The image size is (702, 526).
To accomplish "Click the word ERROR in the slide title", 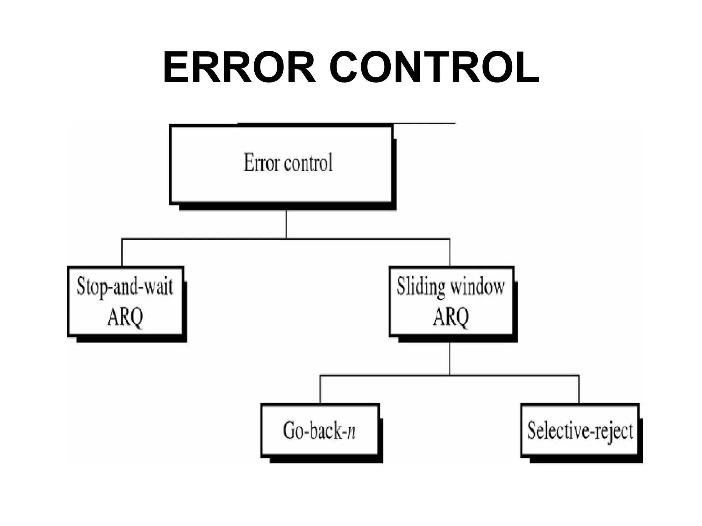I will (239, 68).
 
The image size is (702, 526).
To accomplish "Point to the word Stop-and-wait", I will (125, 287).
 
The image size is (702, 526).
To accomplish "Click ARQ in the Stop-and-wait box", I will (125, 317).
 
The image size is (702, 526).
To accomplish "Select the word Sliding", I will (421, 287).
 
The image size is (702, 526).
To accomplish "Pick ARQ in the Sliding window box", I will (451, 317).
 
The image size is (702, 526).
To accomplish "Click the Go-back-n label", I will (319, 430).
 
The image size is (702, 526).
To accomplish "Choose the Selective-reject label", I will (580, 430).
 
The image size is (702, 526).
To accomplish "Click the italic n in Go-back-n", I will (351, 432).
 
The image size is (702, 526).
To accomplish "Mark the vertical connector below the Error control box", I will (286, 224).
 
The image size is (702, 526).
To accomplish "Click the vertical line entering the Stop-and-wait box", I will (122, 252).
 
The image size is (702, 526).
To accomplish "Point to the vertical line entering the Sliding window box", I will (450, 252).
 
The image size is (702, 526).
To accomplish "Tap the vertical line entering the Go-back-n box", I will (320, 389).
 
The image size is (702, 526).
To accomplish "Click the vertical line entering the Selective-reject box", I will (579, 389).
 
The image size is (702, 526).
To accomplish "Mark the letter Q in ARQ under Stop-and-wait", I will (136, 318).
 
